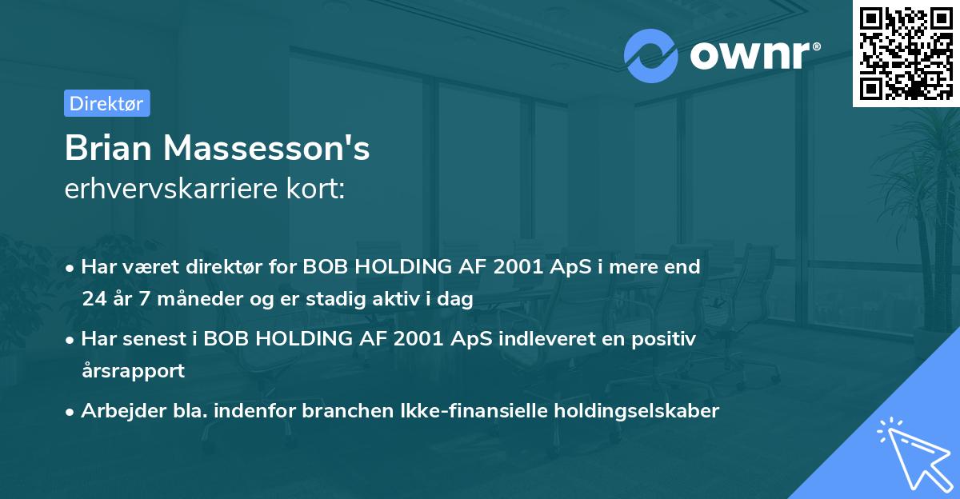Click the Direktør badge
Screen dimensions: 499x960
click(x=106, y=103)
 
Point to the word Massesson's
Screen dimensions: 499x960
click(x=269, y=149)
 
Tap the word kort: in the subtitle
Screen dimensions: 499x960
click(x=319, y=190)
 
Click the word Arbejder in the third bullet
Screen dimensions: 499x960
click(x=117, y=410)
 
